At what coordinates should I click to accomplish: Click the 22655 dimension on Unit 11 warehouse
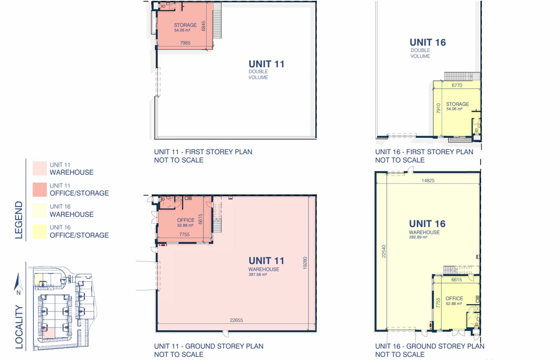[236, 320]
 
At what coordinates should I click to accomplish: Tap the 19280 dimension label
[305, 263]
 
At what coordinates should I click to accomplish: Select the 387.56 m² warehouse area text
[257, 274]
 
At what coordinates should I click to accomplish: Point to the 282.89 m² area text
[418, 237]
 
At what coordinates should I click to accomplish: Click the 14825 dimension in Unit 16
[428, 180]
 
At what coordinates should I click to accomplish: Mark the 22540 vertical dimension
[384, 251]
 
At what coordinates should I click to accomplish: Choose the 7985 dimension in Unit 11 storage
[185, 43]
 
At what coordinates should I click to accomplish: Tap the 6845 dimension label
[203, 26]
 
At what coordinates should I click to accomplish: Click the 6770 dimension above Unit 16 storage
[457, 85]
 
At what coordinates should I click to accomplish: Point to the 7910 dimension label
[438, 108]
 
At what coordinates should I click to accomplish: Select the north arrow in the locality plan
[18, 282]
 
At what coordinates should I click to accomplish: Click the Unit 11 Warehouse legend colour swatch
[40, 168]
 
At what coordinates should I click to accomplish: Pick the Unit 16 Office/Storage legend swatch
[40, 231]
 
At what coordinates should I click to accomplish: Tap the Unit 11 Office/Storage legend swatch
[40, 189]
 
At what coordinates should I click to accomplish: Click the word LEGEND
[19, 220]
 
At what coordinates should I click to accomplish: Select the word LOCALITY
[19, 327]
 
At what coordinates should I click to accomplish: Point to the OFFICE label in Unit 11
[186, 220]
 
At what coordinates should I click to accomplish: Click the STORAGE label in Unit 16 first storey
[457, 104]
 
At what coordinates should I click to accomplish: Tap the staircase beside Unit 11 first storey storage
[217, 21]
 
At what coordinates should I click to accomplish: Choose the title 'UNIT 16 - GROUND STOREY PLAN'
[430, 346]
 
